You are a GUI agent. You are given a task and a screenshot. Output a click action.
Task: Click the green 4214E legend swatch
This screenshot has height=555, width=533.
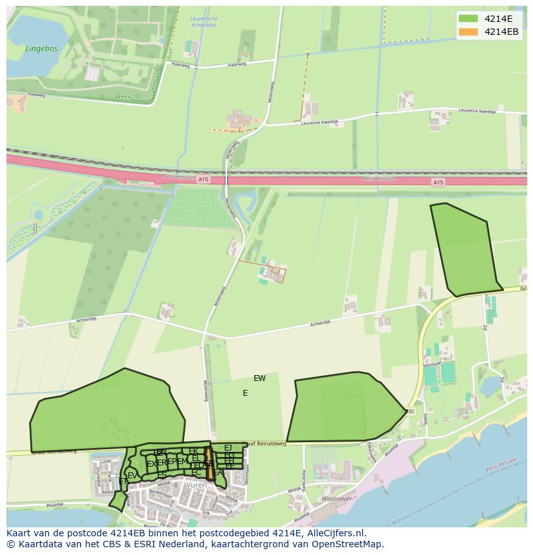point(468,19)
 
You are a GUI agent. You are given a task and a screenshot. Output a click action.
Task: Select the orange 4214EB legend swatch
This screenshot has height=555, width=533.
point(468,32)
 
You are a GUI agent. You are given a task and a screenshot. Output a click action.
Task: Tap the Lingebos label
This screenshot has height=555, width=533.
point(41,48)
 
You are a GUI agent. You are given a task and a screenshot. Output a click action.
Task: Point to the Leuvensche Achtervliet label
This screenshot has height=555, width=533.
point(204,23)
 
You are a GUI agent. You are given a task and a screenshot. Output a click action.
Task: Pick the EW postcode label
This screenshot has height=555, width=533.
point(259,378)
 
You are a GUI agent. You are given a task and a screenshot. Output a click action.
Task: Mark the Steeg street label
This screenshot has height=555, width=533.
point(425,418)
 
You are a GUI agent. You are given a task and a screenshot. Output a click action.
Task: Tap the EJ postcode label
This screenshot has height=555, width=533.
point(228,447)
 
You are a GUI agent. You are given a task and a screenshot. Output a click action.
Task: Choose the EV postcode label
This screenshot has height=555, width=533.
point(132,476)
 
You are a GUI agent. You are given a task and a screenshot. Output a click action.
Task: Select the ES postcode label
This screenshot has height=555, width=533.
point(162,475)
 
